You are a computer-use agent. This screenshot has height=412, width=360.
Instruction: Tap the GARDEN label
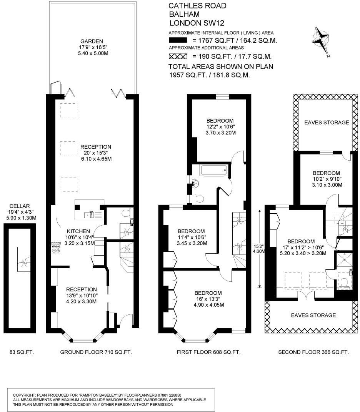click(x=92, y=41)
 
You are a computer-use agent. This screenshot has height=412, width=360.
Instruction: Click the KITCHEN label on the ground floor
click(x=79, y=231)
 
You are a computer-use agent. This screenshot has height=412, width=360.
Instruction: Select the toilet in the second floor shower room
click(x=345, y=283)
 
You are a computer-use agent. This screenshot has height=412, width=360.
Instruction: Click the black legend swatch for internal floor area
click(x=178, y=40)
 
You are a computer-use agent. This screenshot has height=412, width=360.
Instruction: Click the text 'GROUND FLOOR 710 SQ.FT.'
click(x=96, y=352)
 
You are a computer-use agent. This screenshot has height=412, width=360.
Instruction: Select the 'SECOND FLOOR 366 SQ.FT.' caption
click(x=313, y=352)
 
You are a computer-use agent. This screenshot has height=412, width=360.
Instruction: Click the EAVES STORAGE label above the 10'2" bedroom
click(x=327, y=123)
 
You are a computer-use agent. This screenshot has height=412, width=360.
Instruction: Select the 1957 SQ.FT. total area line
click(x=210, y=75)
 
